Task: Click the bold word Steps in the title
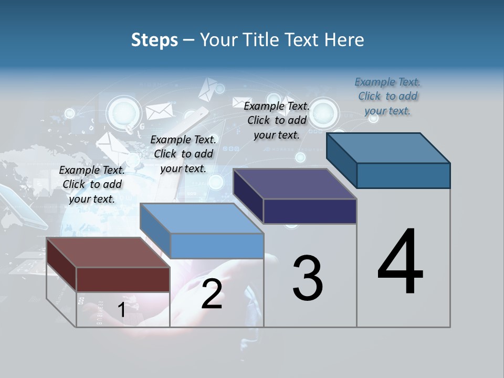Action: point(154,40)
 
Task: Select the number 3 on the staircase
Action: point(307,278)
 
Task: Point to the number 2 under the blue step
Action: point(212,294)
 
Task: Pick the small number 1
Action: point(121,310)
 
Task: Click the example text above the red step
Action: point(92,184)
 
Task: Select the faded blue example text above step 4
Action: point(387,96)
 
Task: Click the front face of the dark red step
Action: point(123,279)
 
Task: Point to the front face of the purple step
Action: point(310,212)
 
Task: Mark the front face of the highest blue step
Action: point(403,175)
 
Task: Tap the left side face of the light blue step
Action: point(155,230)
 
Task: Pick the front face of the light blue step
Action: point(217,246)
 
